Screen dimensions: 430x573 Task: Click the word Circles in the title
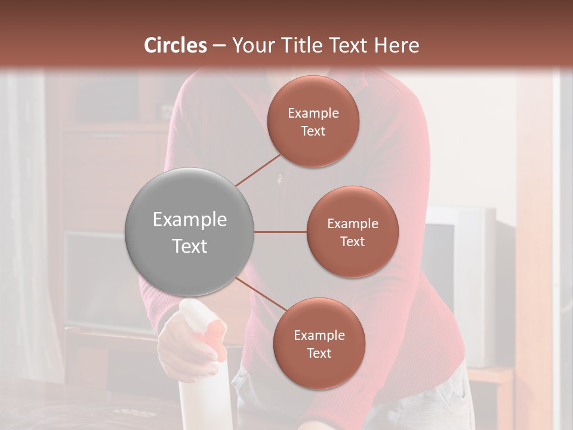tap(175, 45)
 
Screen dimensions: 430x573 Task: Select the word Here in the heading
tap(396, 45)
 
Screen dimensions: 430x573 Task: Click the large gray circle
tap(190, 232)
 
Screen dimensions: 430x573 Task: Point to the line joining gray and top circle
tap(258, 170)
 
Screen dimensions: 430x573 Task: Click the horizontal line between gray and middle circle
tap(280, 232)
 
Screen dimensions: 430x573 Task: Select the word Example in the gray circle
tap(190, 220)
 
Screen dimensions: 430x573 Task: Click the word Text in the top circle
tap(313, 131)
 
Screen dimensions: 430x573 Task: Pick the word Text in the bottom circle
tap(319, 354)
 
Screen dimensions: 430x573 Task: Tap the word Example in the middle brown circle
tap(352, 224)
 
